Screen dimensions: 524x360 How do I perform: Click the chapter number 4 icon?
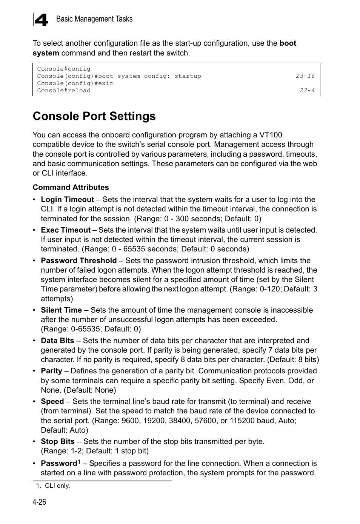click(x=41, y=19)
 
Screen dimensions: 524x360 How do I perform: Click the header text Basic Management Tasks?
click(x=94, y=19)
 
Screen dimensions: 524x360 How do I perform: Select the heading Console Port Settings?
click(x=94, y=116)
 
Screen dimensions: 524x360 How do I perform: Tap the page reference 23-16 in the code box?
click(x=305, y=76)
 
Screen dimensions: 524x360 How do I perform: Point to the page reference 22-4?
click(x=307, y=90)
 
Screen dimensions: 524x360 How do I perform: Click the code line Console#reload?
click(x=64, y=90)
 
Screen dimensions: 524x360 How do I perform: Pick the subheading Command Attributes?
click(x=71, y=187)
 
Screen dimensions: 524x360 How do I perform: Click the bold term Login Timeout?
click(x=67, y=199)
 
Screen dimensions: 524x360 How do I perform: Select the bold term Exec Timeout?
click(x=66, y=230)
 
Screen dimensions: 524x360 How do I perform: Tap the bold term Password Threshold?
click(x=78, y=260)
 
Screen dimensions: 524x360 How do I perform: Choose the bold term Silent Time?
click(x=61, y=310)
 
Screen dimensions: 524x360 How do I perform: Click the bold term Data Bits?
click(x=57, y=341)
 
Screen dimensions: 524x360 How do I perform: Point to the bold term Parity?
click(x=51, y=371)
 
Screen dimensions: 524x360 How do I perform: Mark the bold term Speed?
click(x=52, y=401)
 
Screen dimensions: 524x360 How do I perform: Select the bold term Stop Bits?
click(x=57, y=441)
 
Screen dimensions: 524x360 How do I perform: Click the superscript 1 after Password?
click(x=79, y=462)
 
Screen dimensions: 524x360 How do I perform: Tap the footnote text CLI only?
click(x=57, y=486)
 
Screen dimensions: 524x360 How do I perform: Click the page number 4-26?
click(x=39, y=502)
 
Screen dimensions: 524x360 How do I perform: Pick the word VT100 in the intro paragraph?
click(x=271, y=135)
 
